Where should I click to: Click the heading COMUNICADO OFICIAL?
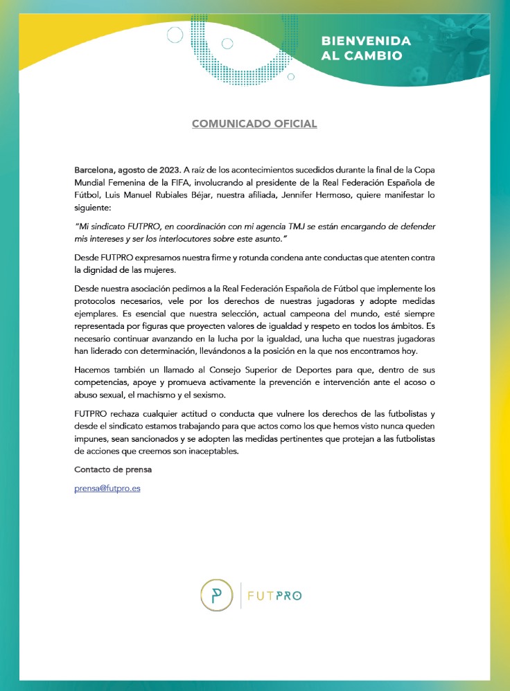254,124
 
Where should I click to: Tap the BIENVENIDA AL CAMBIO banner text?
366,48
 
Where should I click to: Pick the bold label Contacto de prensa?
113,469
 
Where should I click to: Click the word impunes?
91,437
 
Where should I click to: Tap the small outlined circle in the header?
175,34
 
